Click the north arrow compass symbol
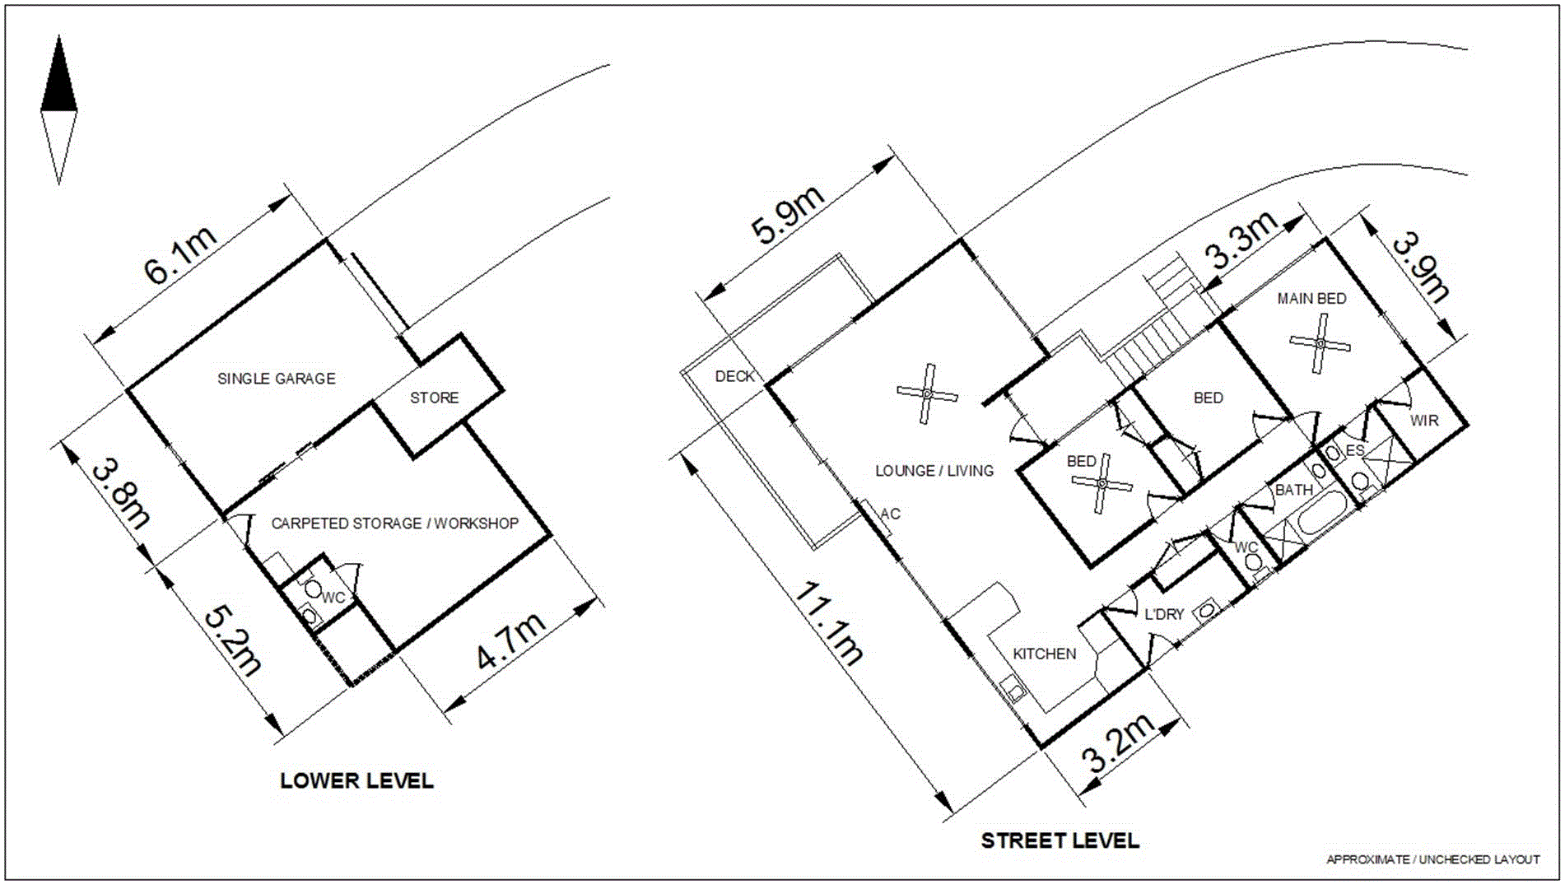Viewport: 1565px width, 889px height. click(58, 109)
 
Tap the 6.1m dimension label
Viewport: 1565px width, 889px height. click(181, 255)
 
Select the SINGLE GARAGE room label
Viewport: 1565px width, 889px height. click(277, 379)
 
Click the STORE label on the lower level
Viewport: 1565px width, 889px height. click(435, 398)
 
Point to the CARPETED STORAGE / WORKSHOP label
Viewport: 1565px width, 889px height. click(395, 524)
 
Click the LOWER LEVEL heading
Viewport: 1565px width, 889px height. click(356, 780)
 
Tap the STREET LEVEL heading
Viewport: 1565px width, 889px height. click(1060, 840)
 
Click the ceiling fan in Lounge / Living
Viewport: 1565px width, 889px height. click(927, 394)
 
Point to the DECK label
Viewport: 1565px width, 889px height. click(734, 376)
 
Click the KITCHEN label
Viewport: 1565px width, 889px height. click(1044, 654)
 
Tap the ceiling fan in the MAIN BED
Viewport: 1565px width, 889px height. click(1320, 343)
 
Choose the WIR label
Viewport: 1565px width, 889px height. click(1424, 421)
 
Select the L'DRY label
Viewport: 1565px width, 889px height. click(1164, 614)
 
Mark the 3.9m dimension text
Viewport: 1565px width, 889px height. click(1420, 267)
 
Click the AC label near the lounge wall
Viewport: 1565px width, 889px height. click(890, 514)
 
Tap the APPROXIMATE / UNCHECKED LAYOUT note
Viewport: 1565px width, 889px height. click(1432, 859)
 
